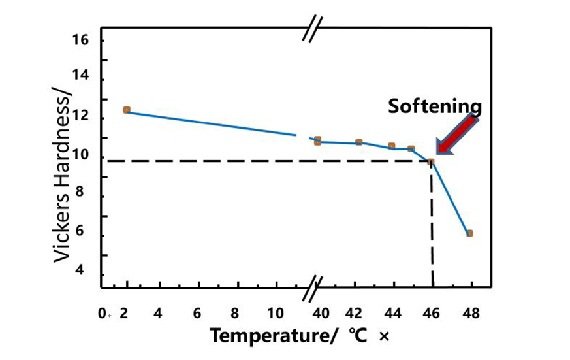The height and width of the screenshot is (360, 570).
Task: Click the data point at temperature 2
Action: pos(127,110)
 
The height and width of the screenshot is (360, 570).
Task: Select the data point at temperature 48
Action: pos(469,233)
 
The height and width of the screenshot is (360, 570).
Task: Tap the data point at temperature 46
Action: pos(431,162)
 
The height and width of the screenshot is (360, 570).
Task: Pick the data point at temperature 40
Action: pos(317,140)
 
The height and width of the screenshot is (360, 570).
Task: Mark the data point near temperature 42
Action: pos(359,142)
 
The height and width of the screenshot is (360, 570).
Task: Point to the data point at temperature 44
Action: pos(392,146)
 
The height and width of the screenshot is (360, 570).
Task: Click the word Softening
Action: pos(435,106)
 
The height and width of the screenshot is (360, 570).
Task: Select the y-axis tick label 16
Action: pos(80,41)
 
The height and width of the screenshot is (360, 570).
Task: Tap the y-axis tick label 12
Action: pos(80,118)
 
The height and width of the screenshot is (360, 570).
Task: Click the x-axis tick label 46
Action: pos(432,313)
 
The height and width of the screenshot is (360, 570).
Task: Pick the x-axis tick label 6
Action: pos(197,313)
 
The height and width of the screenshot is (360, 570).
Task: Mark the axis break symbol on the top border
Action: pos(312,30)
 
